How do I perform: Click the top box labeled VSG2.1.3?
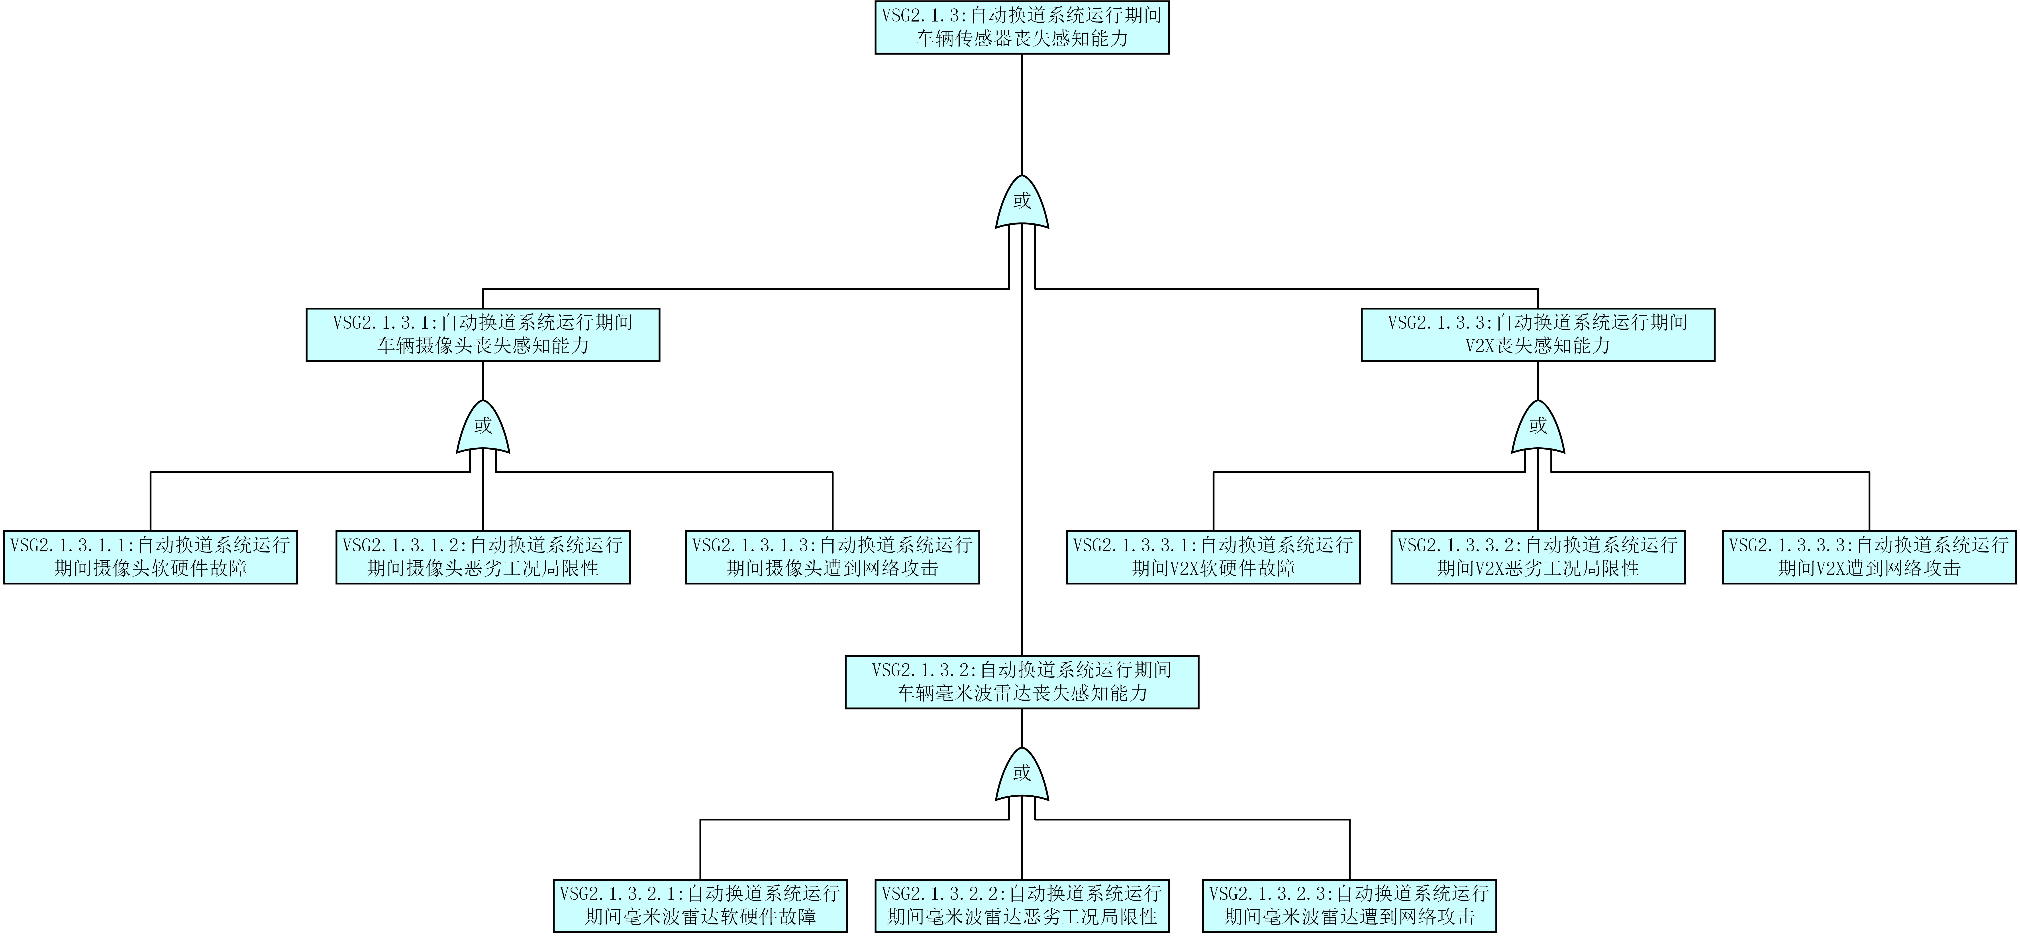pyautogui.click(x=1022, y=28)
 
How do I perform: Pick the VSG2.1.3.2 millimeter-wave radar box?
pyautogui.click(x=1022, y=682)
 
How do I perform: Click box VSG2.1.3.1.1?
pyautogui.click(x=151, y=557)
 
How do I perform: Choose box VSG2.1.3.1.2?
pyautogui.click(x=483, y=557)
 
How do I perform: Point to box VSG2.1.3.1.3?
pyautogui.click(x=833, y=557)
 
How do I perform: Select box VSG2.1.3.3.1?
pyautogui.click(x=1213, y=557)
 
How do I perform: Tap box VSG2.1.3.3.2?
pyautogui.click(x=1538, y=557)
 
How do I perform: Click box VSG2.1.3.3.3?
pyautogui.click(x=1869, y=557)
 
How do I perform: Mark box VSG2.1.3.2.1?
pyautogui.click(x=700, y=905)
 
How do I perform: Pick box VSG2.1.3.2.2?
pyautogui.click(x=1022, y=905)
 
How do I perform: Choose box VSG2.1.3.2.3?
pyautogui.click(x=1349, y=905)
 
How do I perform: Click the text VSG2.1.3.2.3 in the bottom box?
pyautogui.click(x=1270, y=894)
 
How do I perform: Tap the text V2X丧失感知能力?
pyautogui.click(x=1538, y=346)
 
